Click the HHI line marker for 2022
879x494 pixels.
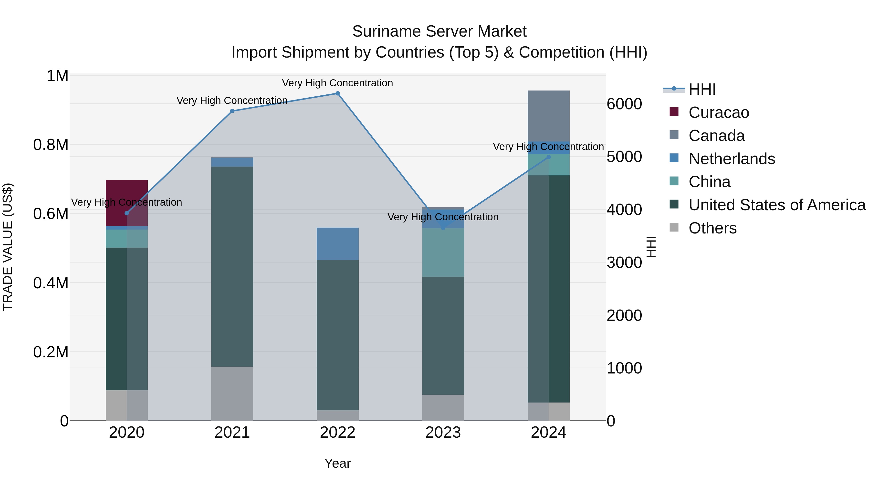[337, 93]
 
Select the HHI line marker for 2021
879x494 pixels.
[232, 111]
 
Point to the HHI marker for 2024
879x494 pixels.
[548, 157]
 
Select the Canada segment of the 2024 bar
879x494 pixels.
[548, 116]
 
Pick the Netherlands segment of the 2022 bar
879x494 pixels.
[337, 244]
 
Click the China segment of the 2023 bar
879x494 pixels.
[443, 252]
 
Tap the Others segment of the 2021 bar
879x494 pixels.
[232, 393]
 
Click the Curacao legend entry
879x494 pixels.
[719, 112]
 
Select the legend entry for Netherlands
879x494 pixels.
[732, 159]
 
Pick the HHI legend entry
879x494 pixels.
[702, 89]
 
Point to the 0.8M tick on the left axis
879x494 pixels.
[51, 145]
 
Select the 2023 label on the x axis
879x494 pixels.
[443, 433]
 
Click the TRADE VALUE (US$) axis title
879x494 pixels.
[8, 247]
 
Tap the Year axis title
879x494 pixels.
[337, 463]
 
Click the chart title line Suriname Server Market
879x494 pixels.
[439, 31]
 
